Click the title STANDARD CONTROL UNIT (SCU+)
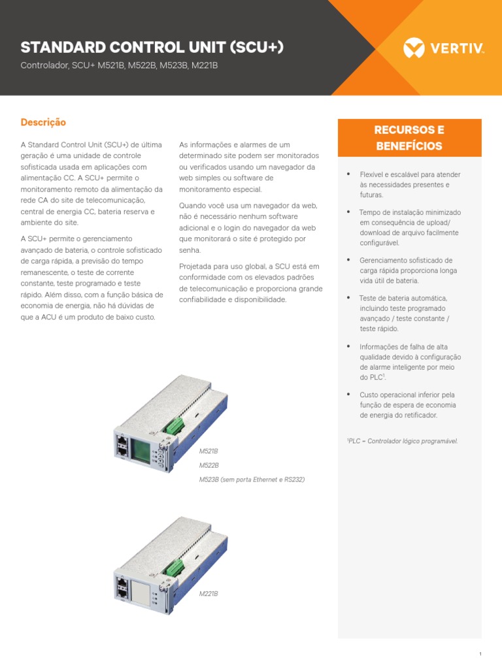click(152, 47)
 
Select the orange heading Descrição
click(43, 122)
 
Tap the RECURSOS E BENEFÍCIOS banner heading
click(409, 138)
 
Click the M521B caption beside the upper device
click(209, 451)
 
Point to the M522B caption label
click(209, 465)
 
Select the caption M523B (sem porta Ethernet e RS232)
click(252, 480)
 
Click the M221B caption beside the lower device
click(209, 594)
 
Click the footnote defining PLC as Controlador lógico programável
click(402, 441)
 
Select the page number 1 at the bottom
click(480, 654)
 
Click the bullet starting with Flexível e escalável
click(409, 185)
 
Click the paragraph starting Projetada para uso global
click(250, 282)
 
